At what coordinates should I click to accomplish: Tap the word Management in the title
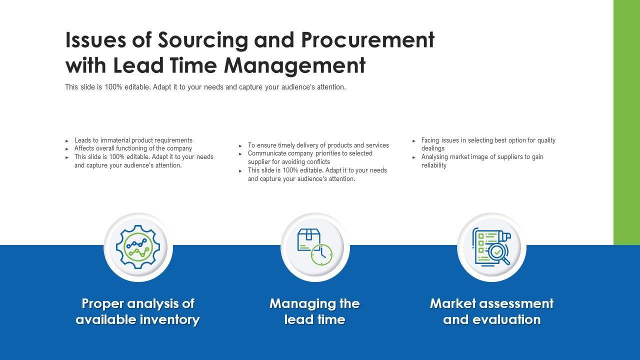coord(294,65)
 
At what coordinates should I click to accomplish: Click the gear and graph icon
coord(138,247)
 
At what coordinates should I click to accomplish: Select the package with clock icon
coord(315,247)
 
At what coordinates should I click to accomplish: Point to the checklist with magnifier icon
coord(491,247)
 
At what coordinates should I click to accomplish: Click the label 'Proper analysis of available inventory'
coord(137,311)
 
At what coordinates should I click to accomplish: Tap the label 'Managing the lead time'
coord(314,311)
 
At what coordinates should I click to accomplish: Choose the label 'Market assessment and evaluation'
coord(491,311)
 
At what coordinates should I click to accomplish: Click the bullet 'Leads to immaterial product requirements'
coord(133,140)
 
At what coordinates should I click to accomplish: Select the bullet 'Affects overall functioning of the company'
coord(133,148)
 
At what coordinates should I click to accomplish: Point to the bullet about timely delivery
coord(318,145)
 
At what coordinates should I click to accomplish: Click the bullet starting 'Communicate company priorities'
coord(310,157)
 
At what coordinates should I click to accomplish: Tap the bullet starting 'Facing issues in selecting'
coord(488,144)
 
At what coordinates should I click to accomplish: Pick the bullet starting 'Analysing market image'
coord(482,161)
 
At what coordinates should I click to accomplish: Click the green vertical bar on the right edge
coord(626,122)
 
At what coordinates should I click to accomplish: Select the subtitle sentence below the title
coord(205,87)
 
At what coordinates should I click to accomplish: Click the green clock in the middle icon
coord(321,254)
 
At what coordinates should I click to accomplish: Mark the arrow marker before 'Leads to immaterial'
coord(67,141)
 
